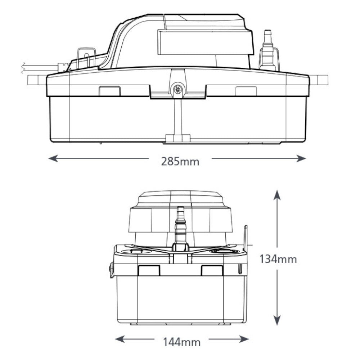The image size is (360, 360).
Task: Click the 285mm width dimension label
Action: point(180,161)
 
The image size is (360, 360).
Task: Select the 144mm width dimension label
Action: point(181,341)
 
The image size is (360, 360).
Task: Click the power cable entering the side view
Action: point(40,67)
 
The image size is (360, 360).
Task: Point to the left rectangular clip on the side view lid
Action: point(109,91)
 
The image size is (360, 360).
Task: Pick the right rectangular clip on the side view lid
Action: point(246,91)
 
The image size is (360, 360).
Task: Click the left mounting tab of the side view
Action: point(37,79)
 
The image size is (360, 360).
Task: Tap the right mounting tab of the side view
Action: point(319,79)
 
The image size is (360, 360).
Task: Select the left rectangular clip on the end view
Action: point(149,270)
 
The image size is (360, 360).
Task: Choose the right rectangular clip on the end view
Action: point(212,270)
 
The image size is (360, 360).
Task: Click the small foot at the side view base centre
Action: point(177,138)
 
